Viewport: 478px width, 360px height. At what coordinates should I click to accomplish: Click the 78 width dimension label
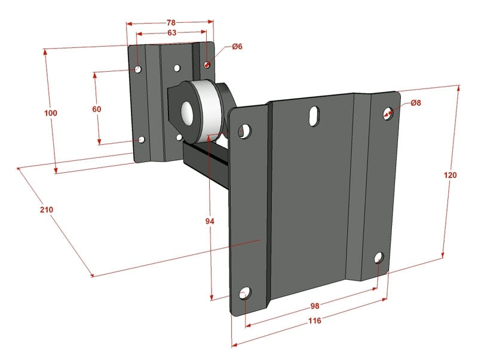[171, 23]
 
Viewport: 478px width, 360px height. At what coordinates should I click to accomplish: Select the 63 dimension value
[172, 33]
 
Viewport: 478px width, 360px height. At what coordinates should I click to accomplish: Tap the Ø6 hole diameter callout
[237, 47]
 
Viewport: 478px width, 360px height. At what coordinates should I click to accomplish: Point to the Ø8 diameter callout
[416, 103]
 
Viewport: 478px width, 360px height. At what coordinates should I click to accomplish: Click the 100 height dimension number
[51, 113]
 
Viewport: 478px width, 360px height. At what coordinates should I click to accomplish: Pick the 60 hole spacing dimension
[97, 109]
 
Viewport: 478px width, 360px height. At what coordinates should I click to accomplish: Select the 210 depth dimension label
[47, 209]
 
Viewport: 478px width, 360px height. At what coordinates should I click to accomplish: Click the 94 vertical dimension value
[210, 221]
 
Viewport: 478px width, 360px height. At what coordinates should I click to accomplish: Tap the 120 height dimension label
[451, 175]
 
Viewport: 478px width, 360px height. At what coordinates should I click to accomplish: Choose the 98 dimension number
[315, 306]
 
